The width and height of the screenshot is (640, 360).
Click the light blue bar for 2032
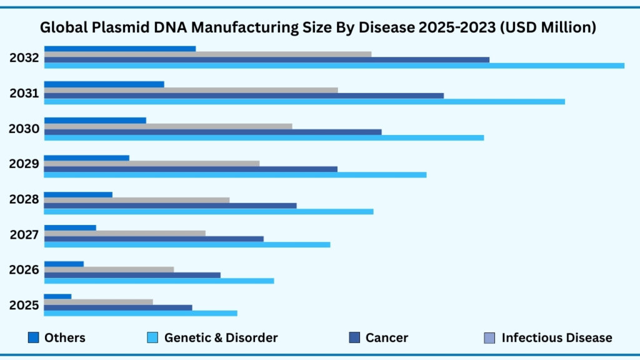pyautogui.click(x=334, y=66)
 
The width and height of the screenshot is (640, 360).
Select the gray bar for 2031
pyautogui.click(x=191, y=90)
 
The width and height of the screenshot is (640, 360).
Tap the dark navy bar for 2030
pyautogui.click(x=212, y=132)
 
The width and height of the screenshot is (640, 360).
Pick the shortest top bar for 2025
pyautogui.click(x=57, y=296)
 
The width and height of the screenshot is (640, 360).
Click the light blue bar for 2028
pyautogui.click(x=209, y=211)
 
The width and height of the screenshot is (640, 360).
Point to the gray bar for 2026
pyautogui.click(x=109, y=269)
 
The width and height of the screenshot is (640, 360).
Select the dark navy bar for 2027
pyautogui.click(x=154, y=239)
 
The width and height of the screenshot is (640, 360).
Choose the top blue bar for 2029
pyautogui.click(x=87, y=157)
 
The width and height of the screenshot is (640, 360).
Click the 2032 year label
pyautogui.click(x=24, y=59)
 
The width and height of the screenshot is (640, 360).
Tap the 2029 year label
pyautogui.click(x=24, y=164)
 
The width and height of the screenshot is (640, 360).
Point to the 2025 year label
pyautogui.click(x=24, y=306)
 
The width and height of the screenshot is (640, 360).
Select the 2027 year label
pyautogui.click(x=24, y=235)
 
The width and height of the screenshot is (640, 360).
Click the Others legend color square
pyautogui.click(x=34, y=338)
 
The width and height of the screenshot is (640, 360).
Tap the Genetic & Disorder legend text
pyautogui.click(x=221, y=338)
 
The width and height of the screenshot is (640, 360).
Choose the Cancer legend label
pyautogui.click(x=386, y=338)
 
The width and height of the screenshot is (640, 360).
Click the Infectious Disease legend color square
pyautogui.click(x=490, y=338)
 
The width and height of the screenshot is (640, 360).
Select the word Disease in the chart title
pyautogui.click(x=384, y=27)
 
